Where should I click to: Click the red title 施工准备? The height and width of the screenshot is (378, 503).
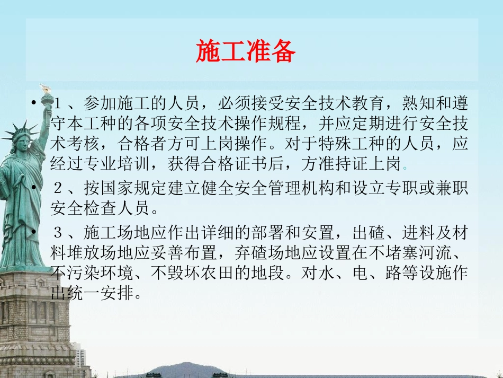pos(245,51)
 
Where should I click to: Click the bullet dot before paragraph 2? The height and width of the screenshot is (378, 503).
pos(34,188)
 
